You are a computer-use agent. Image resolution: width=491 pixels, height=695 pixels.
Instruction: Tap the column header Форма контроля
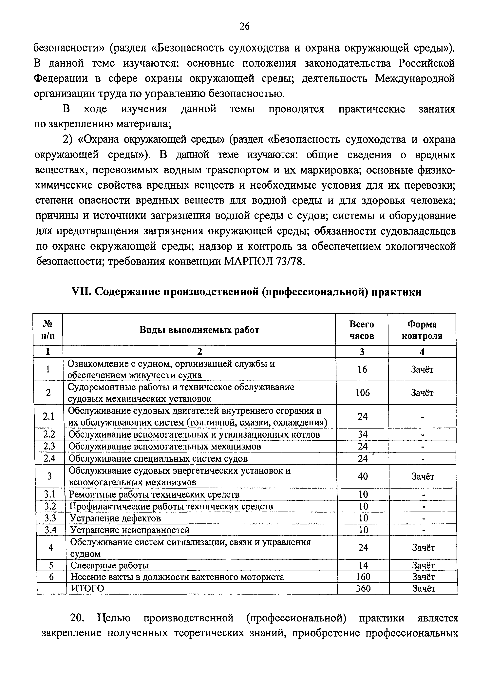422,330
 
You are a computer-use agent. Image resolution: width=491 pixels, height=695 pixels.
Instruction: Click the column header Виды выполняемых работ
199,330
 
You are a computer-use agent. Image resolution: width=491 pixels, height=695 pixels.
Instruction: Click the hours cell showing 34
363,434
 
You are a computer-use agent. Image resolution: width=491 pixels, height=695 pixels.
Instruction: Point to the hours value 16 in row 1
362,369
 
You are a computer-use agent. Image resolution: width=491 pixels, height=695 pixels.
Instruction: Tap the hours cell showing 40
363,476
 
